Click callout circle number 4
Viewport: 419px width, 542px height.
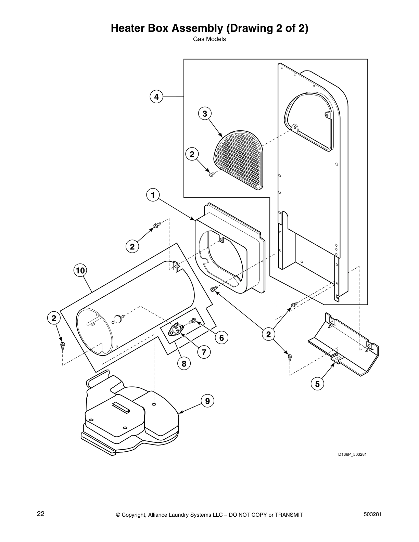point(156,97)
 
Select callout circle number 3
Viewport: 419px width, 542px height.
point(205,113)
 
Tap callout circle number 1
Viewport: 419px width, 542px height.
point(153,195)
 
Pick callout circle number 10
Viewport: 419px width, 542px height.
point(80,271)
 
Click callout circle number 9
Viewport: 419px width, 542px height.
point(207,401)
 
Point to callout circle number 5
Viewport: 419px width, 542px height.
point(317,384)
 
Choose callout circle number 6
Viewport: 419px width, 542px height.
point(221,338)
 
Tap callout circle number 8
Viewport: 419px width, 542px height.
point(184,364)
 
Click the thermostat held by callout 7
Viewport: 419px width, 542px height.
point(175,330)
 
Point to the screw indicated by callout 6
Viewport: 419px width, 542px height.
point(193,321)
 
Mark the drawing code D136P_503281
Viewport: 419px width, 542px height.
point(352,454)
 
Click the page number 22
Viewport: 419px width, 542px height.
point(41,514)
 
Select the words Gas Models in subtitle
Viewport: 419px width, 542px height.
point(209,39)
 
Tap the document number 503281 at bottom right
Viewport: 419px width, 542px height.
point(371,514)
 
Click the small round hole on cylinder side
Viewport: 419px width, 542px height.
point(117,319)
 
